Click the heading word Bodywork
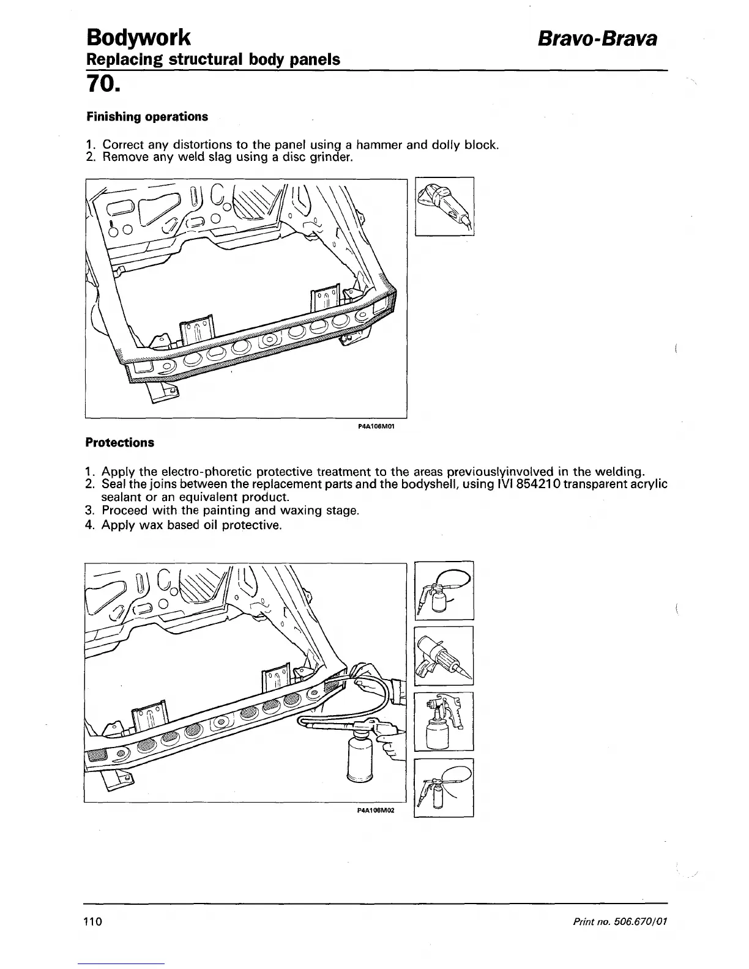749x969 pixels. click(139, 38)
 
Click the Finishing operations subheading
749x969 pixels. click(147, 116)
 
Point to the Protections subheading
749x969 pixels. click(120, 442)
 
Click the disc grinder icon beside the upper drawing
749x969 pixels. click(444, 206)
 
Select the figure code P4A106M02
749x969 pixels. click(375, 809)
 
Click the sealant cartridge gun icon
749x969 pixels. click(444, 656)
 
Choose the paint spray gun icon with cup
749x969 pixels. click(444, 721)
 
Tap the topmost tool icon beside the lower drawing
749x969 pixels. click(444, 590)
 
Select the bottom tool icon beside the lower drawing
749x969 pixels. click(444, 787)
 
